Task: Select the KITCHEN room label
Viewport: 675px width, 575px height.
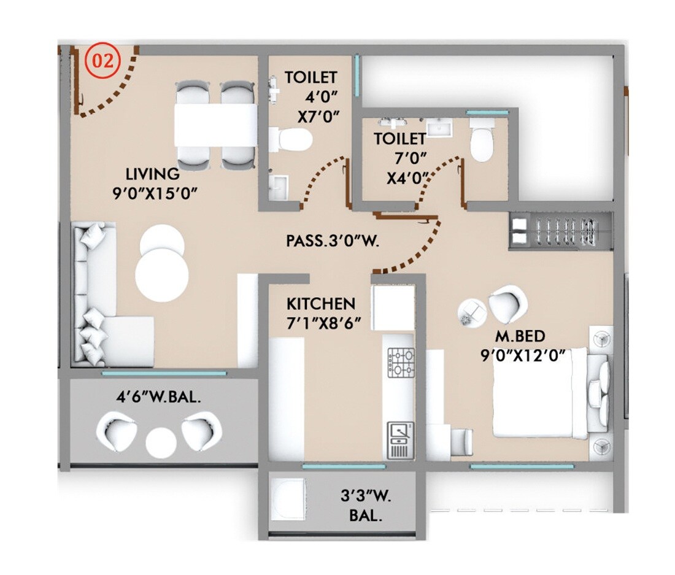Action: (x=321, y=304)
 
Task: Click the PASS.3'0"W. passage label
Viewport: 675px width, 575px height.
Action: (x=333, y=241)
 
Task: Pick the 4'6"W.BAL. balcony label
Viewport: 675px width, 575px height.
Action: (x=159, y=397)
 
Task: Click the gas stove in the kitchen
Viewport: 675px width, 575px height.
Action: (x=400, y=361)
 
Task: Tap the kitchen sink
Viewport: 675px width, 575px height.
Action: (x=400, y=432)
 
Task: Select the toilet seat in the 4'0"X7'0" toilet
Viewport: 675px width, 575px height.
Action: (x=292, y=139)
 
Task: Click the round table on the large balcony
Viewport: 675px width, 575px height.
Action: (x=161, y=441)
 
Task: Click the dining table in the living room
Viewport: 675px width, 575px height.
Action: (x=215, y=125)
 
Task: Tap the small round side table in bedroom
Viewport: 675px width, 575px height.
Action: (x=472, y=312)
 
